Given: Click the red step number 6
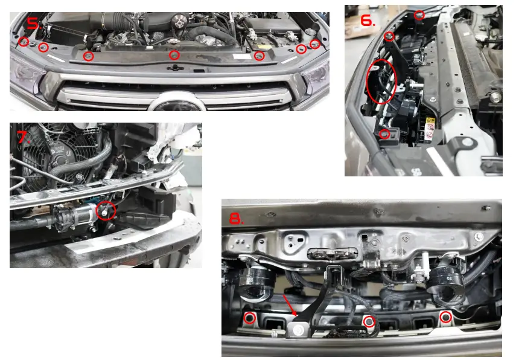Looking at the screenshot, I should point(368,21).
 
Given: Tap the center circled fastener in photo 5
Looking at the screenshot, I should point(174,55).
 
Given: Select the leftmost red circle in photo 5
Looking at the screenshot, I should point(23,42).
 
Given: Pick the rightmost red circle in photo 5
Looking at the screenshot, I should point(314,43).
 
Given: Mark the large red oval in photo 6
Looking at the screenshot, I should point(381,80).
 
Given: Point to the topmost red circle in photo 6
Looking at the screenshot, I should point(419,14).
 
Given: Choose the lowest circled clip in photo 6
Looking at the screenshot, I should point(384,133).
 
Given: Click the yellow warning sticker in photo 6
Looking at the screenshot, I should point(429,129).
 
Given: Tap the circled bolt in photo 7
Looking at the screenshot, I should point(106,210).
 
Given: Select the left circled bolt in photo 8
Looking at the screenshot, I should point(249,318).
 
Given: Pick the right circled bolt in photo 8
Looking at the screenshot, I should point(445,317).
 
